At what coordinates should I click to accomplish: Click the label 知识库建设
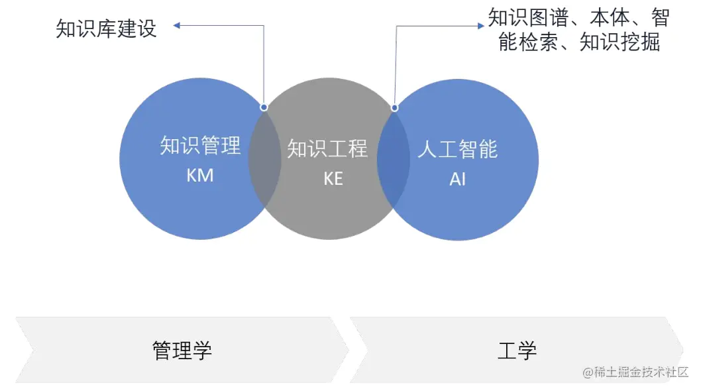point(106,29)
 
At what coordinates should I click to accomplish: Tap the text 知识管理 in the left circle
point(200,146)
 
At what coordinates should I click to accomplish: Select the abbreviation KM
point(200,176)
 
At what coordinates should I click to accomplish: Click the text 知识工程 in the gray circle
point(327,148)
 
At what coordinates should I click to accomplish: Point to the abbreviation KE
point(333,178)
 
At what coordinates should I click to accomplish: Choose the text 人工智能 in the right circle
point(457,149)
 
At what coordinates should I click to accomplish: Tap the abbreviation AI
point(457,179)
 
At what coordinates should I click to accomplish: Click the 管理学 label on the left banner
point(182,350)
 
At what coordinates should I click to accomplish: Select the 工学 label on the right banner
point(517,350)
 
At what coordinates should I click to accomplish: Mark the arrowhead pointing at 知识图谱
point(481,26)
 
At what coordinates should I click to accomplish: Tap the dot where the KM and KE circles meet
point(264,107)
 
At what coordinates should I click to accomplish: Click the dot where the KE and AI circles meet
point(395,107)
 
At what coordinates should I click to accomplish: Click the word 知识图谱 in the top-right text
point(527,18)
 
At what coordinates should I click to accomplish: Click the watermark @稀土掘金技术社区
point(635,372)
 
